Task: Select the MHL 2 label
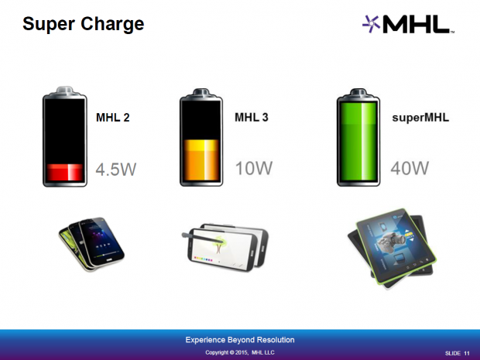pyautogui.click(x=112, y=118)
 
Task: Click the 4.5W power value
pyautogui.click(x=116, y=169)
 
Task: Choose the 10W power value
pyautogui.click(x=251, y=169)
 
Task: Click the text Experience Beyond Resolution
pyautogui.click(x=239, y=340)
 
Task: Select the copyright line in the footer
pyautogui.click(x=239, y=353)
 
